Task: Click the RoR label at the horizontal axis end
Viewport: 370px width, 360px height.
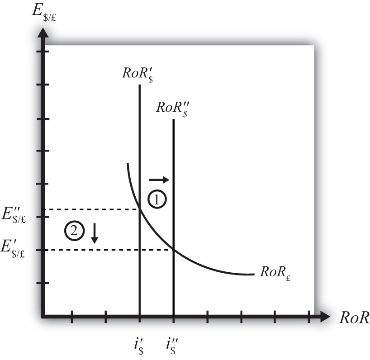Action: tap(355, 317)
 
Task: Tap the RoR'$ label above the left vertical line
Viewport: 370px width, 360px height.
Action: tap(138, 75)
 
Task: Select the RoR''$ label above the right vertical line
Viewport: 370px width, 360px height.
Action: tap(172, 109)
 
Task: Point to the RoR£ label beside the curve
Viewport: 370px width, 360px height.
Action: tap(275, 273)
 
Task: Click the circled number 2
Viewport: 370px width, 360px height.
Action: tap(74, 231)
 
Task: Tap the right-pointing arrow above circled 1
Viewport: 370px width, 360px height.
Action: tap(159, 180)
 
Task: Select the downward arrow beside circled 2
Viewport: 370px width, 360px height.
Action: tap(95, 233)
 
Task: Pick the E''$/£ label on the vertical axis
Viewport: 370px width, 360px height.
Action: tap(14, 215)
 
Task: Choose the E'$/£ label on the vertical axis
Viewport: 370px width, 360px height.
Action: tap(13, 249)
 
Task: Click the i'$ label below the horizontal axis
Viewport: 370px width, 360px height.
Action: tap(138, 346)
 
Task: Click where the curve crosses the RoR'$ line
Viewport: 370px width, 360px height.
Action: tap(140, 209)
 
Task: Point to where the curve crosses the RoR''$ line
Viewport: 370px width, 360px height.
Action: tap(174, 250)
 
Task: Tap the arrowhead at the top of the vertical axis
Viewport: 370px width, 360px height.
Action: tap(43, 33)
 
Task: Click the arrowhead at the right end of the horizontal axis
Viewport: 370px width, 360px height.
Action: tap(325, 317)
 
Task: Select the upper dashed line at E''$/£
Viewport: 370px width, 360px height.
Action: tap(91, 209)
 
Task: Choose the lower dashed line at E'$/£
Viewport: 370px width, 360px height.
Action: tap(108, 250)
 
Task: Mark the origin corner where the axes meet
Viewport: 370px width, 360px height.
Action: tap(43, 317)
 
